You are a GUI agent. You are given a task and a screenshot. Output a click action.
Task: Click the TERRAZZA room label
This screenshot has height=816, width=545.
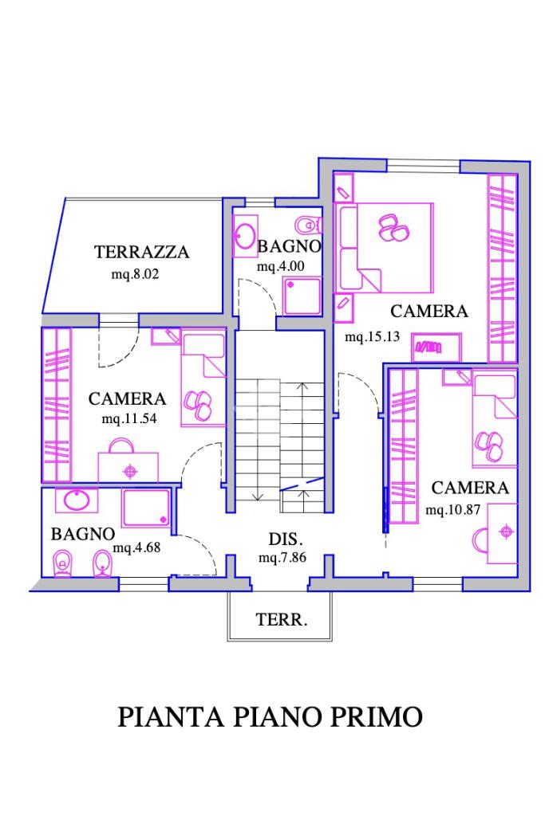coord(141,252)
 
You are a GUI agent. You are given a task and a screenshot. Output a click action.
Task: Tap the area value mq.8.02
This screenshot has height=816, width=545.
coord(135,274)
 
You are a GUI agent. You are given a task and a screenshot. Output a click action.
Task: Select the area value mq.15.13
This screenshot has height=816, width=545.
coord(372,336)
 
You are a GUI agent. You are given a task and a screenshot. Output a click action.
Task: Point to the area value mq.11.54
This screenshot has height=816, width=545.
coord(129,418)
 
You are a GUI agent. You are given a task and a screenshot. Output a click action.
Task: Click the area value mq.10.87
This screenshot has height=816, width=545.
coord(452,509)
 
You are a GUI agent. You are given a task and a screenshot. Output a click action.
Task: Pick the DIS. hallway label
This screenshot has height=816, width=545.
coord(286,539)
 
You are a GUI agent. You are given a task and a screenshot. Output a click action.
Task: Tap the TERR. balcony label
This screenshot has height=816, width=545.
coord(282,620)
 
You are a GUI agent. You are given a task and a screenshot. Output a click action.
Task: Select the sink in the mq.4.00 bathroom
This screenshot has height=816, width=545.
coord(245,236)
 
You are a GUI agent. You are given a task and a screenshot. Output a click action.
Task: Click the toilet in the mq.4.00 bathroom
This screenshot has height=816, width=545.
coord(309,226)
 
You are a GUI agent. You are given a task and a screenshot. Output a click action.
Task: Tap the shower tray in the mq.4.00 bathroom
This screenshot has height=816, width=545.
coord(302,296)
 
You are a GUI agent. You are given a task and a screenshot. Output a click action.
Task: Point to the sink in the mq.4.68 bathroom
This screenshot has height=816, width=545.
coord(77,500)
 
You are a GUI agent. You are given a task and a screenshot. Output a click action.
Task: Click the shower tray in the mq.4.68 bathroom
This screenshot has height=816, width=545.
coord(146,508)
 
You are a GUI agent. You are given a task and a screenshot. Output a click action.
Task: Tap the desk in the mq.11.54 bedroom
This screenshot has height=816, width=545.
coord(128,467)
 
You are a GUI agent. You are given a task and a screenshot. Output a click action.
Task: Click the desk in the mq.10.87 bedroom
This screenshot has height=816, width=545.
coord(502,533)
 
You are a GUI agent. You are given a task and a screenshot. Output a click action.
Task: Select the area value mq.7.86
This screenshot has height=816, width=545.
coord(282,558)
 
